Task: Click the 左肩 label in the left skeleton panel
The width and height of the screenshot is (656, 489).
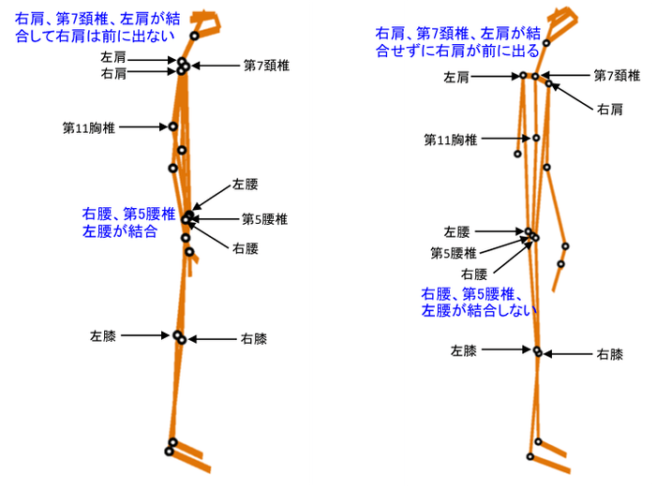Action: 112,58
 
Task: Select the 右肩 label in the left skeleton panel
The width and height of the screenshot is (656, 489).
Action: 112,72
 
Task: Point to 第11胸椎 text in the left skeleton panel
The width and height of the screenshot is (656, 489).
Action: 89,127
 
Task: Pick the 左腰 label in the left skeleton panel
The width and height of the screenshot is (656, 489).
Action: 245,185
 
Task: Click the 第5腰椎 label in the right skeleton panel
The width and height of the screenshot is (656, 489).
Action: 454,253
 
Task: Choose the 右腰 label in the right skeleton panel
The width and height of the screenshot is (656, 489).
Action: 474,274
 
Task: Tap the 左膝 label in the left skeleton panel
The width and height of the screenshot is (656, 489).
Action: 103,334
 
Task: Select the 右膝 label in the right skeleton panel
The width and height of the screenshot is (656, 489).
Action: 610,354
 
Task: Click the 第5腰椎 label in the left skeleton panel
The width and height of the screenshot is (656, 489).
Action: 264,219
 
